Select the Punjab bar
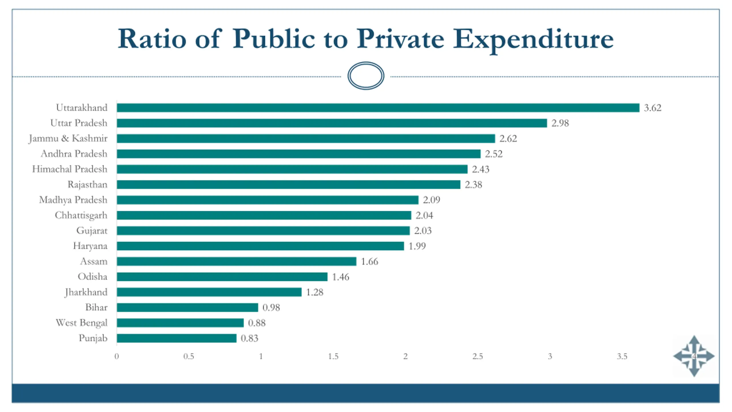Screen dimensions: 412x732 [x=176, y=338]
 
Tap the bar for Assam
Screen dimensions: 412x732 [x=236, y=261]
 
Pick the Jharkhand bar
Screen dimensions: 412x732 [x=209, y=292]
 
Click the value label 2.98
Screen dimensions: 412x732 [x=560, y=123]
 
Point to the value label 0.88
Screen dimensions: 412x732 [x=256, y=323]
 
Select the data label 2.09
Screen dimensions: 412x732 [x=431, y=200]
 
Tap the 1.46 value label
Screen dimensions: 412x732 [x=340, y=277]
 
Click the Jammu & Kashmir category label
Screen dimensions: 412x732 [x=68, y=138]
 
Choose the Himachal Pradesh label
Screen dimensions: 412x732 [x=69, y=169]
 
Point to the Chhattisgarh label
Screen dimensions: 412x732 [x=81, y=215]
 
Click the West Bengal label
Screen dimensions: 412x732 [x=81, y=323]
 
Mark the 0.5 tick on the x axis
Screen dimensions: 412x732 [x=189, y=356]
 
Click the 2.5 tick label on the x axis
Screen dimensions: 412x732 [x=478, y=356]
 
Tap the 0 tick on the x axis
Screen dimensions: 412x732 [x=117, y=356]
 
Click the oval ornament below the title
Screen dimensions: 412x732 [x=366, y=76]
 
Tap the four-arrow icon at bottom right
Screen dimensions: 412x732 [x=694, y=356]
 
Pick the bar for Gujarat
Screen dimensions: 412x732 [x=263, y=231]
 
